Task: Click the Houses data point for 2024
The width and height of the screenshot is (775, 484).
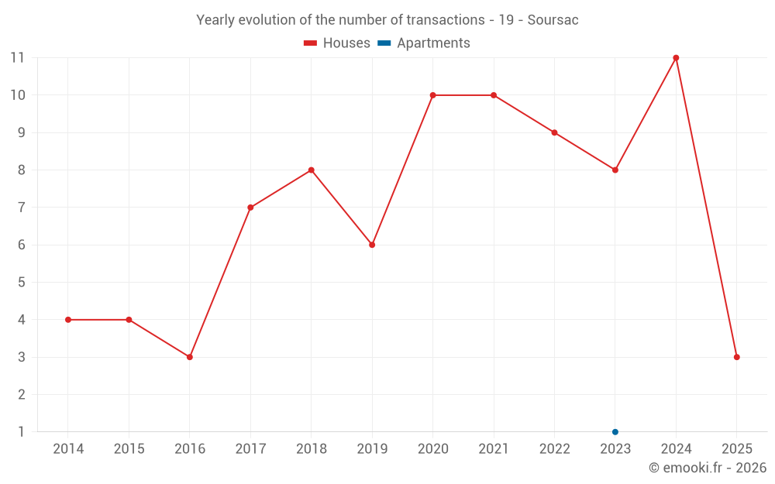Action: pyautogui.click(x=676, y=58)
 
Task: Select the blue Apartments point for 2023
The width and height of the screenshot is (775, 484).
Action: pyautogui.click(x=615, y=431)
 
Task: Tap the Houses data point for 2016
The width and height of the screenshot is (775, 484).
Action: pyautogui.click(x=190, y=357)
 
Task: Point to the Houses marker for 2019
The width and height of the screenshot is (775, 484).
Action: pyautogui.click(x=372, y=245)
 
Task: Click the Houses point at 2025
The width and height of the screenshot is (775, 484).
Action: pyautogui.click(x=737, y=357)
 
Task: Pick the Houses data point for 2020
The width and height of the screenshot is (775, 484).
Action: pyautogui.click(x=432, y=95)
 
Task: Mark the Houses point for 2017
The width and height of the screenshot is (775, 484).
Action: pyautogui.click(x=250, y=208)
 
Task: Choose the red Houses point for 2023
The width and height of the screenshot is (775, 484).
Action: pyautogui.click(x=615, y=170)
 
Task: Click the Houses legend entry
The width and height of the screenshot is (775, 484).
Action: pyautogui.click(x=337, y=43)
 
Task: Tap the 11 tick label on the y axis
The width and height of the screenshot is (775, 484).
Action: pyautogui.click(x=17, y=58)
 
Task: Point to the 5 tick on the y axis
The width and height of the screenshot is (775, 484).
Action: pyautogui.click(x=21, y=283)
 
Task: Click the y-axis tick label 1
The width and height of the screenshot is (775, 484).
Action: pyautogui.click(x=21, y=431)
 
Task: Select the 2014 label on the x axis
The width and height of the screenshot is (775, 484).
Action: pyautogui.click(x=68, y=449)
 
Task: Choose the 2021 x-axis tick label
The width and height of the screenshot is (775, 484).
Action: pyautogui.click(x=494, y=449)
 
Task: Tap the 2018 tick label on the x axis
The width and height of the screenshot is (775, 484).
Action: pyautogui.click(x=311, y=449)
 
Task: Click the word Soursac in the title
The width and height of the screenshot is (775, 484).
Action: pyautogui.click(x=553, y=20)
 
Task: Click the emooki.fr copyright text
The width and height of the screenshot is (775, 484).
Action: pyautogui.click(x=707, y=468)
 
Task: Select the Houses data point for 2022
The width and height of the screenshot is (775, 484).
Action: pyautogui.click(x=554, y=132)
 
